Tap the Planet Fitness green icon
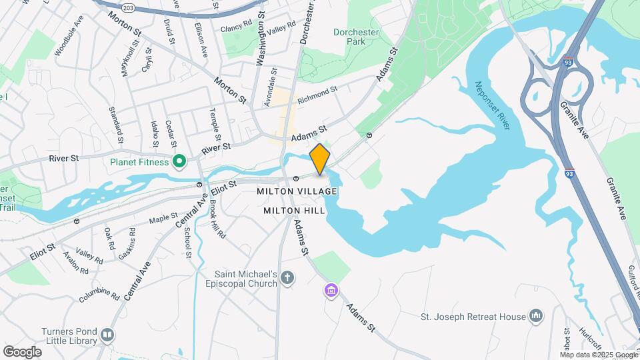click(179, 161)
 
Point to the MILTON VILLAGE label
click(297, 191)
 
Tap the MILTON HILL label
click(294, 210)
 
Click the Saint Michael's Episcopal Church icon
click(287, 277)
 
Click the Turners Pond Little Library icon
click(107, 334)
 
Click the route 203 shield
click(128, 7)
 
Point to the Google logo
click(22, 351)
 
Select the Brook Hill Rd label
click(217, 219)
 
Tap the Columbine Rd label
click(98, 293)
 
